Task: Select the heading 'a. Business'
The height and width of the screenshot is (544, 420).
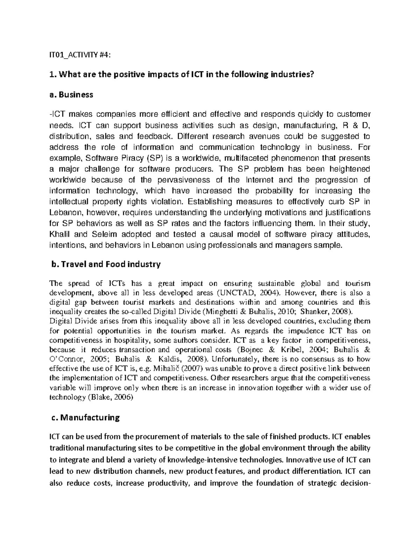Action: [x=71, y=95]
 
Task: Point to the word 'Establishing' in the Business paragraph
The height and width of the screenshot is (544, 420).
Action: [x=209, y=201]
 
